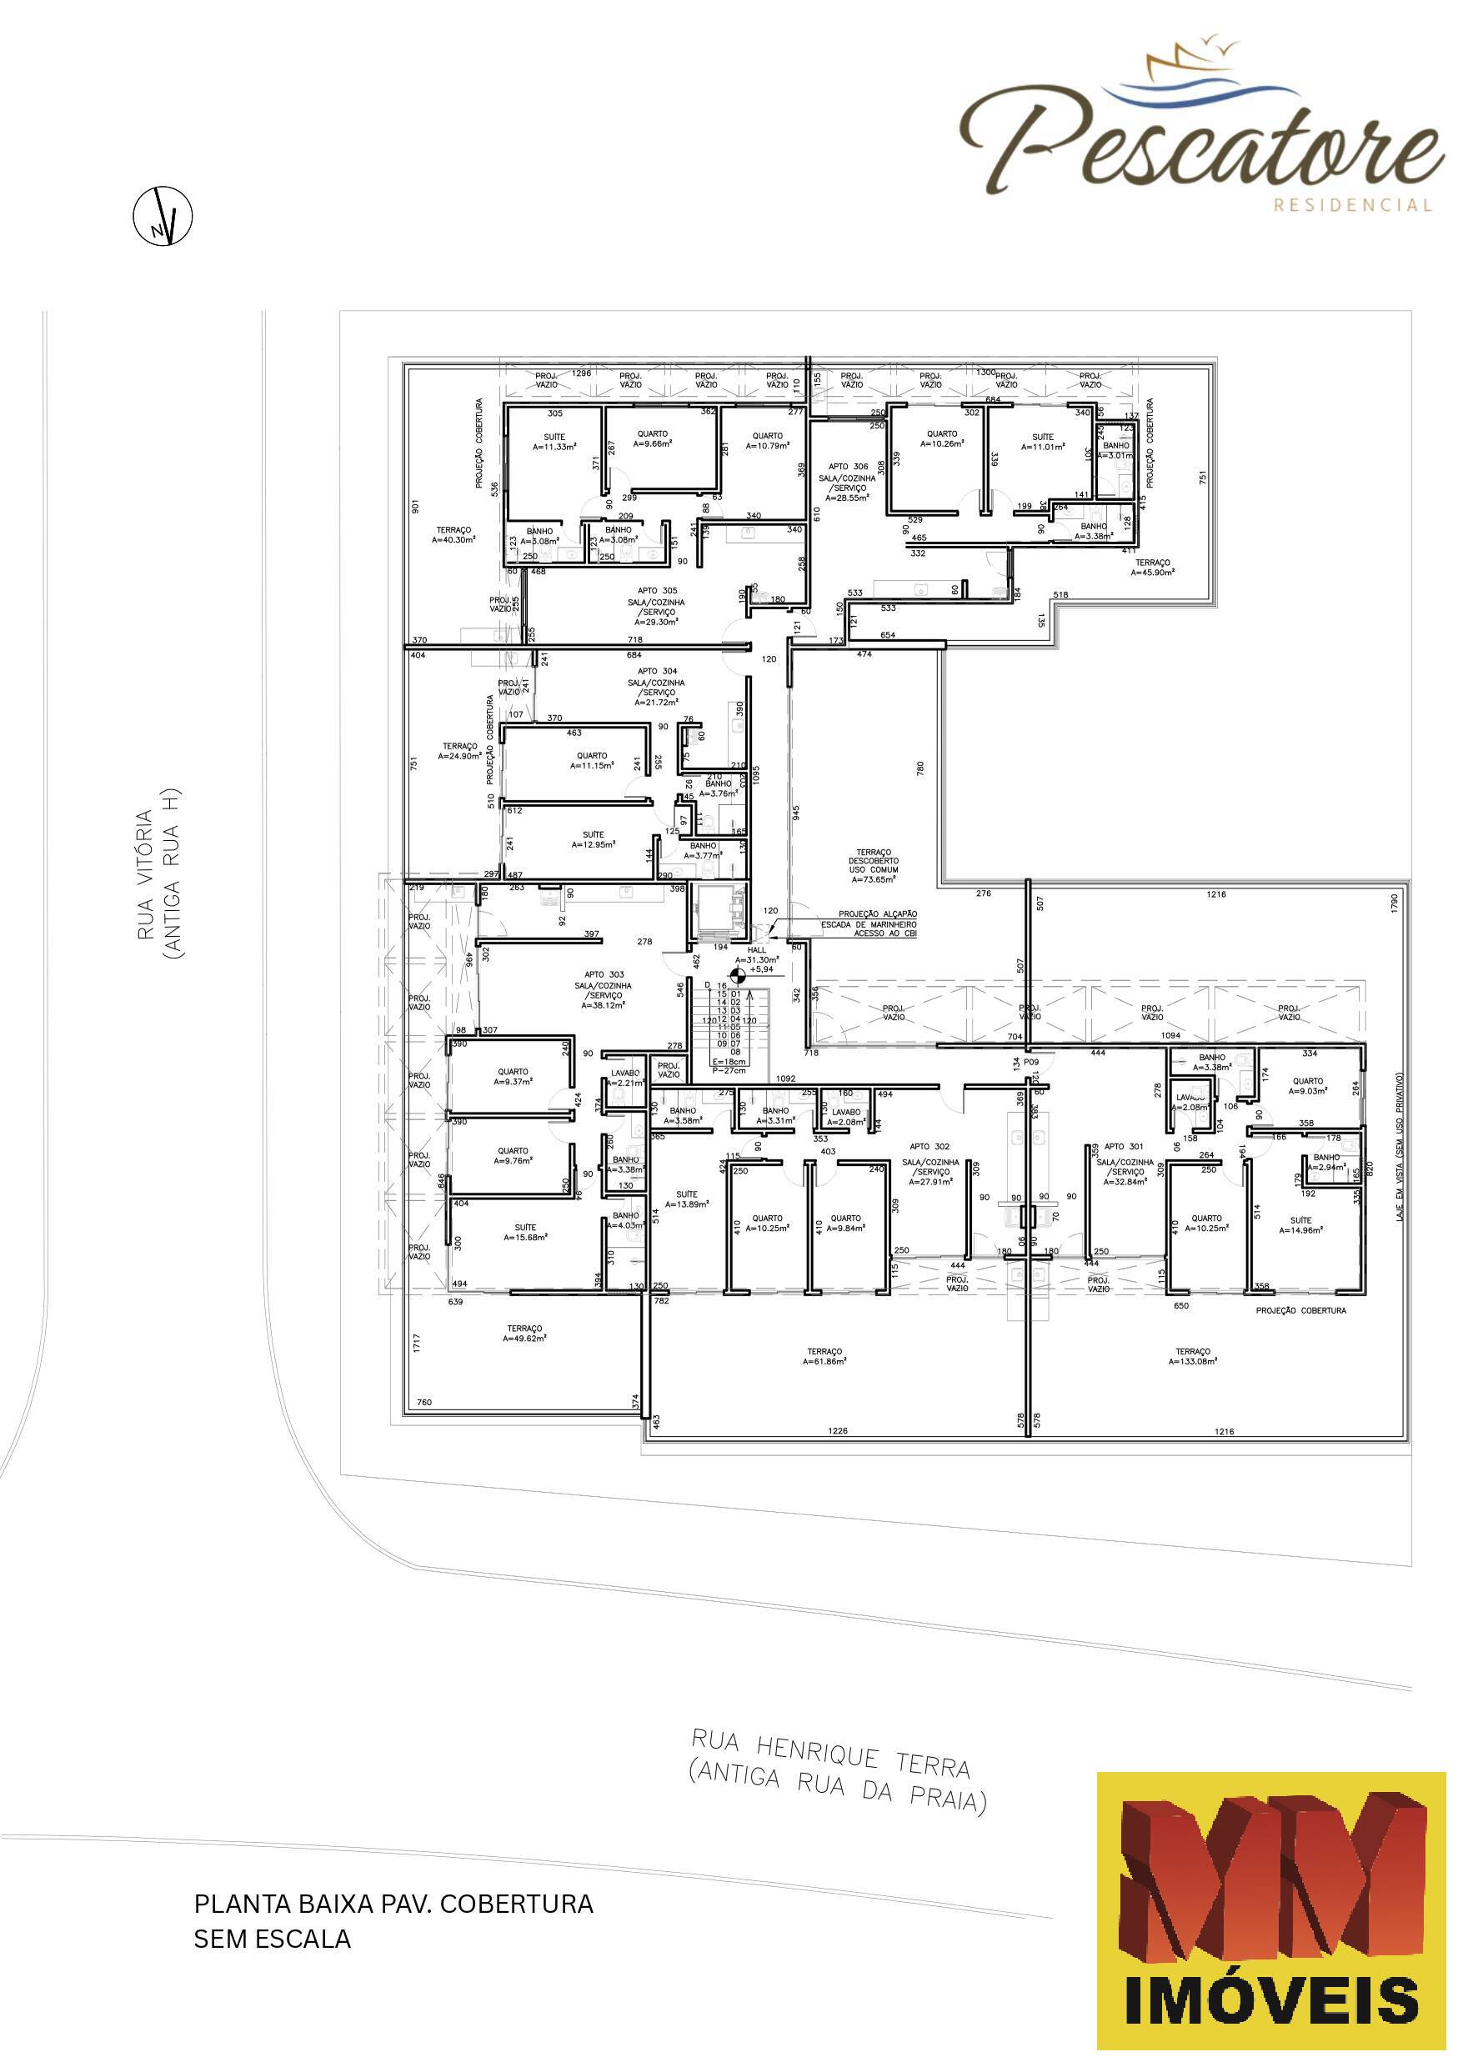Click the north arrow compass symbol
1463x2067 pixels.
coord(163,216)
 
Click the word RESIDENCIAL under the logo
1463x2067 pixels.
coord(1352,205)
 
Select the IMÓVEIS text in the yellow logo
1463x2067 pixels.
coord(1271,2001)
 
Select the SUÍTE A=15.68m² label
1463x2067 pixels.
coord(525,1232)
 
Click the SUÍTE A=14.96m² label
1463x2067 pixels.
coord(1300,1225)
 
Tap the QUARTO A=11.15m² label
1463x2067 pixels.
coord(592,760)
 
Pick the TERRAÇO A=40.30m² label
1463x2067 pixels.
coord(454,535)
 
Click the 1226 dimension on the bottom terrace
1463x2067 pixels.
coord(838,1431)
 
